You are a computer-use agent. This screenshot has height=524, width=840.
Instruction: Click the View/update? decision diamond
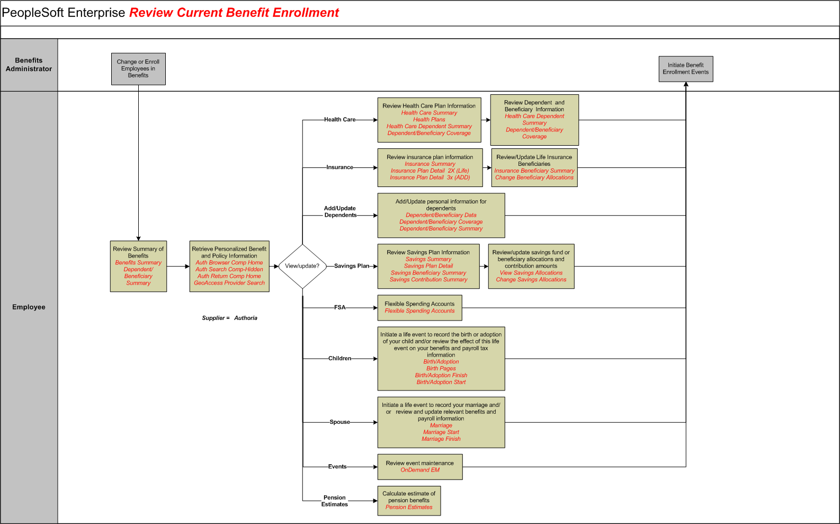click(x=302, y=266)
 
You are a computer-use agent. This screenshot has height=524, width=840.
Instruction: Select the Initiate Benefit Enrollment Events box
click(x=685, y=69)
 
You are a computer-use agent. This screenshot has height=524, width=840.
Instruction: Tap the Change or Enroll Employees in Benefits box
click(x=138, y=69)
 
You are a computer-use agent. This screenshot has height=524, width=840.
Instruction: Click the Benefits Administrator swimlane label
click(x=29, y=65)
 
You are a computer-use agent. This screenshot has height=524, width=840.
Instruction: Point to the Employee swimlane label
click(x=29, y=307)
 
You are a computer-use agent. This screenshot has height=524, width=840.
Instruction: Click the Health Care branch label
click(x=339, y=120)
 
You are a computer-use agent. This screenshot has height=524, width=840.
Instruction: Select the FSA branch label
click(x=339, y=307)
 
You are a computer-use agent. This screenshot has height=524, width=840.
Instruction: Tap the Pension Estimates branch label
click(x=334, y=501)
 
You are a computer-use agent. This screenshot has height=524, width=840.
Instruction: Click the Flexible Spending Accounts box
click(x=419, y=308)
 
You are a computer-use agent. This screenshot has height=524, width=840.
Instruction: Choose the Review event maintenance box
click(x=419, y=467)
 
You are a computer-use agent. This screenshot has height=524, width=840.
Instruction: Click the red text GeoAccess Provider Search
click(x=229, y=283)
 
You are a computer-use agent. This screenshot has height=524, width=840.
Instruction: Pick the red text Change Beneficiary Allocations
click(x=534, y=177)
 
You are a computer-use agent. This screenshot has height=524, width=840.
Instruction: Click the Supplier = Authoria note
click(x=229, y=318)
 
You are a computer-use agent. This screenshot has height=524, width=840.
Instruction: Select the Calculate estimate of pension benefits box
click(x=409, y=501)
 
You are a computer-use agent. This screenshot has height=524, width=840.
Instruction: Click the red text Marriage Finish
click(x=441, y=439)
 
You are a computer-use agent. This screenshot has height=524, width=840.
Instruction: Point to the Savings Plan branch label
click(x=351, y=266)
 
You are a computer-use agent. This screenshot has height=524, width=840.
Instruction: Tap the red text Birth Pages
click(x=441, y=369)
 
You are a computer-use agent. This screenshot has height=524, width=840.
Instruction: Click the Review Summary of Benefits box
click(x=138, y=266)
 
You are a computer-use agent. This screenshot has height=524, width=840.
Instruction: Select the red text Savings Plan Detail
click(x=428, y=266)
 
